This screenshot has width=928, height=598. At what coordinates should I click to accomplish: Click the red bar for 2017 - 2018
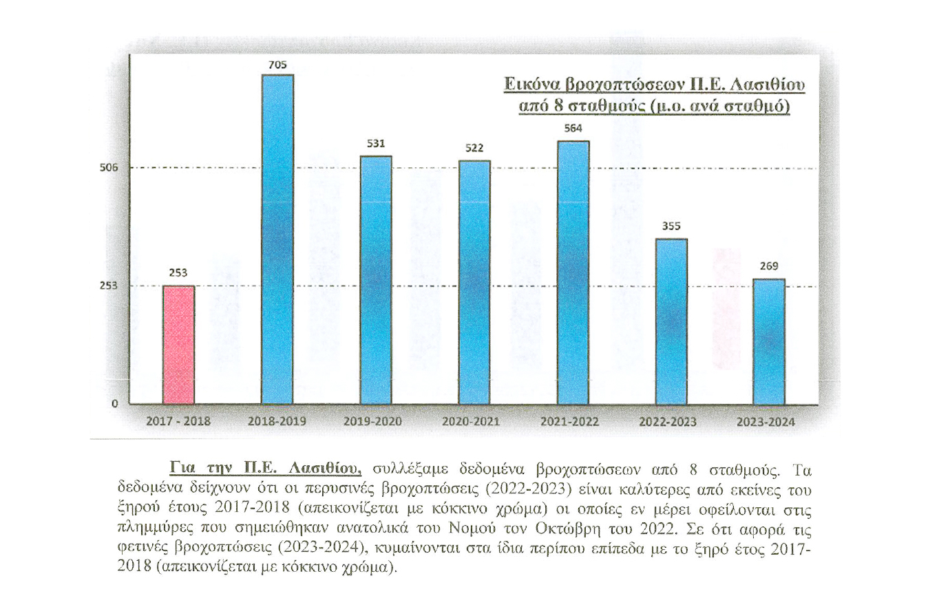(x=178, y=344)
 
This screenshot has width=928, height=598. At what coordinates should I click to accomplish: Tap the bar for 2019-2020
(x=376, y=279)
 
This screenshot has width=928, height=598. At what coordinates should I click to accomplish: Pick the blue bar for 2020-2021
(x=474, y=282)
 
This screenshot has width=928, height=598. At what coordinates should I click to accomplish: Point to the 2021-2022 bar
(x=573, y=272)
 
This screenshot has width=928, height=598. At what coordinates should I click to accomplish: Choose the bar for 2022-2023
(x=671, y=321)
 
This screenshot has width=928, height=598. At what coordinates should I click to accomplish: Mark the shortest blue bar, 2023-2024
(x=769, y=341)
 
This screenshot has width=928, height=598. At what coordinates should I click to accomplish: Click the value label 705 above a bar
(x=277, y=65)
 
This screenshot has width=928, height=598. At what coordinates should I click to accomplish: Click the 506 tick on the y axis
(x=112, y=167)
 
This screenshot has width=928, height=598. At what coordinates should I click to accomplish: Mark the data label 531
(x=376, y=145)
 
